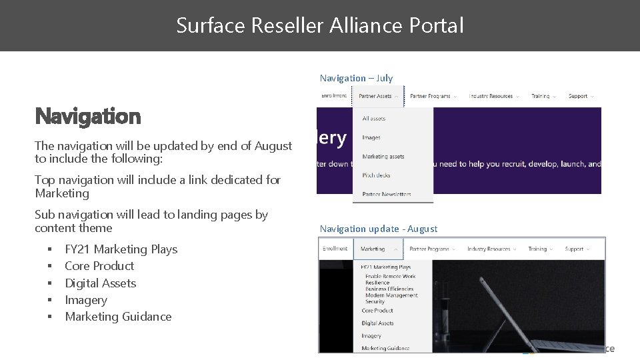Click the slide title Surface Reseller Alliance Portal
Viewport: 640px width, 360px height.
coord(319,26)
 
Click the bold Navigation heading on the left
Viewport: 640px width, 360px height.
coord(88,117)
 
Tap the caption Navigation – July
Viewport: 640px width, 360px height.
coord(356,78)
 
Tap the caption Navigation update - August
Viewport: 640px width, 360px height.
coord(378,229)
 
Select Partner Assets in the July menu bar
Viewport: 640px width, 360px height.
coord(375,96)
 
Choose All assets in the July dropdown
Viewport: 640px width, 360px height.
coord(373,119)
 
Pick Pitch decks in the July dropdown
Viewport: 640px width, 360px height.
coord(376,175)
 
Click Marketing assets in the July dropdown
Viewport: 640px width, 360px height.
coord(383,157)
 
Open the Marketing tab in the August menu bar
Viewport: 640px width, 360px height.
coord(373,249)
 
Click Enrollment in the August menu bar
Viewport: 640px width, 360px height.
coord(335,249)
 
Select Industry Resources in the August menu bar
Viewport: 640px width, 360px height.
coord(489,249)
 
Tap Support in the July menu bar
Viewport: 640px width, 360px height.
coord(577,96)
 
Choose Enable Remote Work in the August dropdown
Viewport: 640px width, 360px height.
coord(390,276)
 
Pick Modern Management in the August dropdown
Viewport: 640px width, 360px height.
coord(391,295)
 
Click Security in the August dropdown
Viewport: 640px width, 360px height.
coord(375,301)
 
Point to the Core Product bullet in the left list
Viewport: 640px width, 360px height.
coord(99,266)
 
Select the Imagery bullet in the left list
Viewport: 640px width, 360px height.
coord(85,300)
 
